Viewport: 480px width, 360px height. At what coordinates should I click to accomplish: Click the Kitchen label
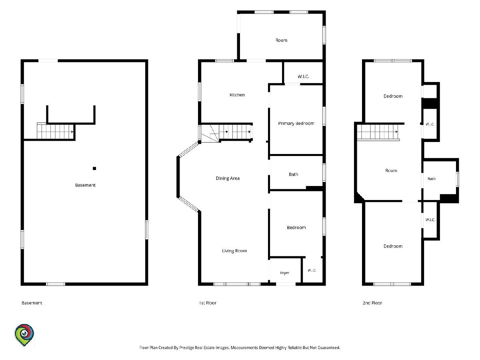[x=237, y=95]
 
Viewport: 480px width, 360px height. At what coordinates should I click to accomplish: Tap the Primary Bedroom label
[x=296, y=124]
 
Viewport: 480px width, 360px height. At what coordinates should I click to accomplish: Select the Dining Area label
[x=228, y=178]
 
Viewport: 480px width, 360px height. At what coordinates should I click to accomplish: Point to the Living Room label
[x=234, y=251]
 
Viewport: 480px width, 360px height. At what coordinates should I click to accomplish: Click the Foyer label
[x=284, y=273]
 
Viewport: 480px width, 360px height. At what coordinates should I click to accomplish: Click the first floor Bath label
[x=293, y=174]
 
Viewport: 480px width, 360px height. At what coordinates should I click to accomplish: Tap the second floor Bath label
[x=432, y=179]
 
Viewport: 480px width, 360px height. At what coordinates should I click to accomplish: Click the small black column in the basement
[x=94, y=168]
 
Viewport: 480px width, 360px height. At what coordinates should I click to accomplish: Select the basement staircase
[x=55, y=131]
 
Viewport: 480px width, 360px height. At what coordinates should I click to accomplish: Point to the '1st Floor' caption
[x=208, y=303]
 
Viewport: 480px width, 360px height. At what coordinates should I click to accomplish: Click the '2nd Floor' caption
[x=372, y=303]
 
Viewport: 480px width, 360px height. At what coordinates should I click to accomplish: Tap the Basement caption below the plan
[x=32, y=303]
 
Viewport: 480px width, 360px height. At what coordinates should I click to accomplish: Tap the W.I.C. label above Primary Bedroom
[x=303, y=76]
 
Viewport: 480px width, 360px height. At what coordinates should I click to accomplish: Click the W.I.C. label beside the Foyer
[x=312, y=270]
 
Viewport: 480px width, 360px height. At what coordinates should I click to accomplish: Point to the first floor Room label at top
[x=281, y=40]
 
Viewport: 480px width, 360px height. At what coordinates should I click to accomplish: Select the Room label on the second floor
[x=391, y=170]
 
